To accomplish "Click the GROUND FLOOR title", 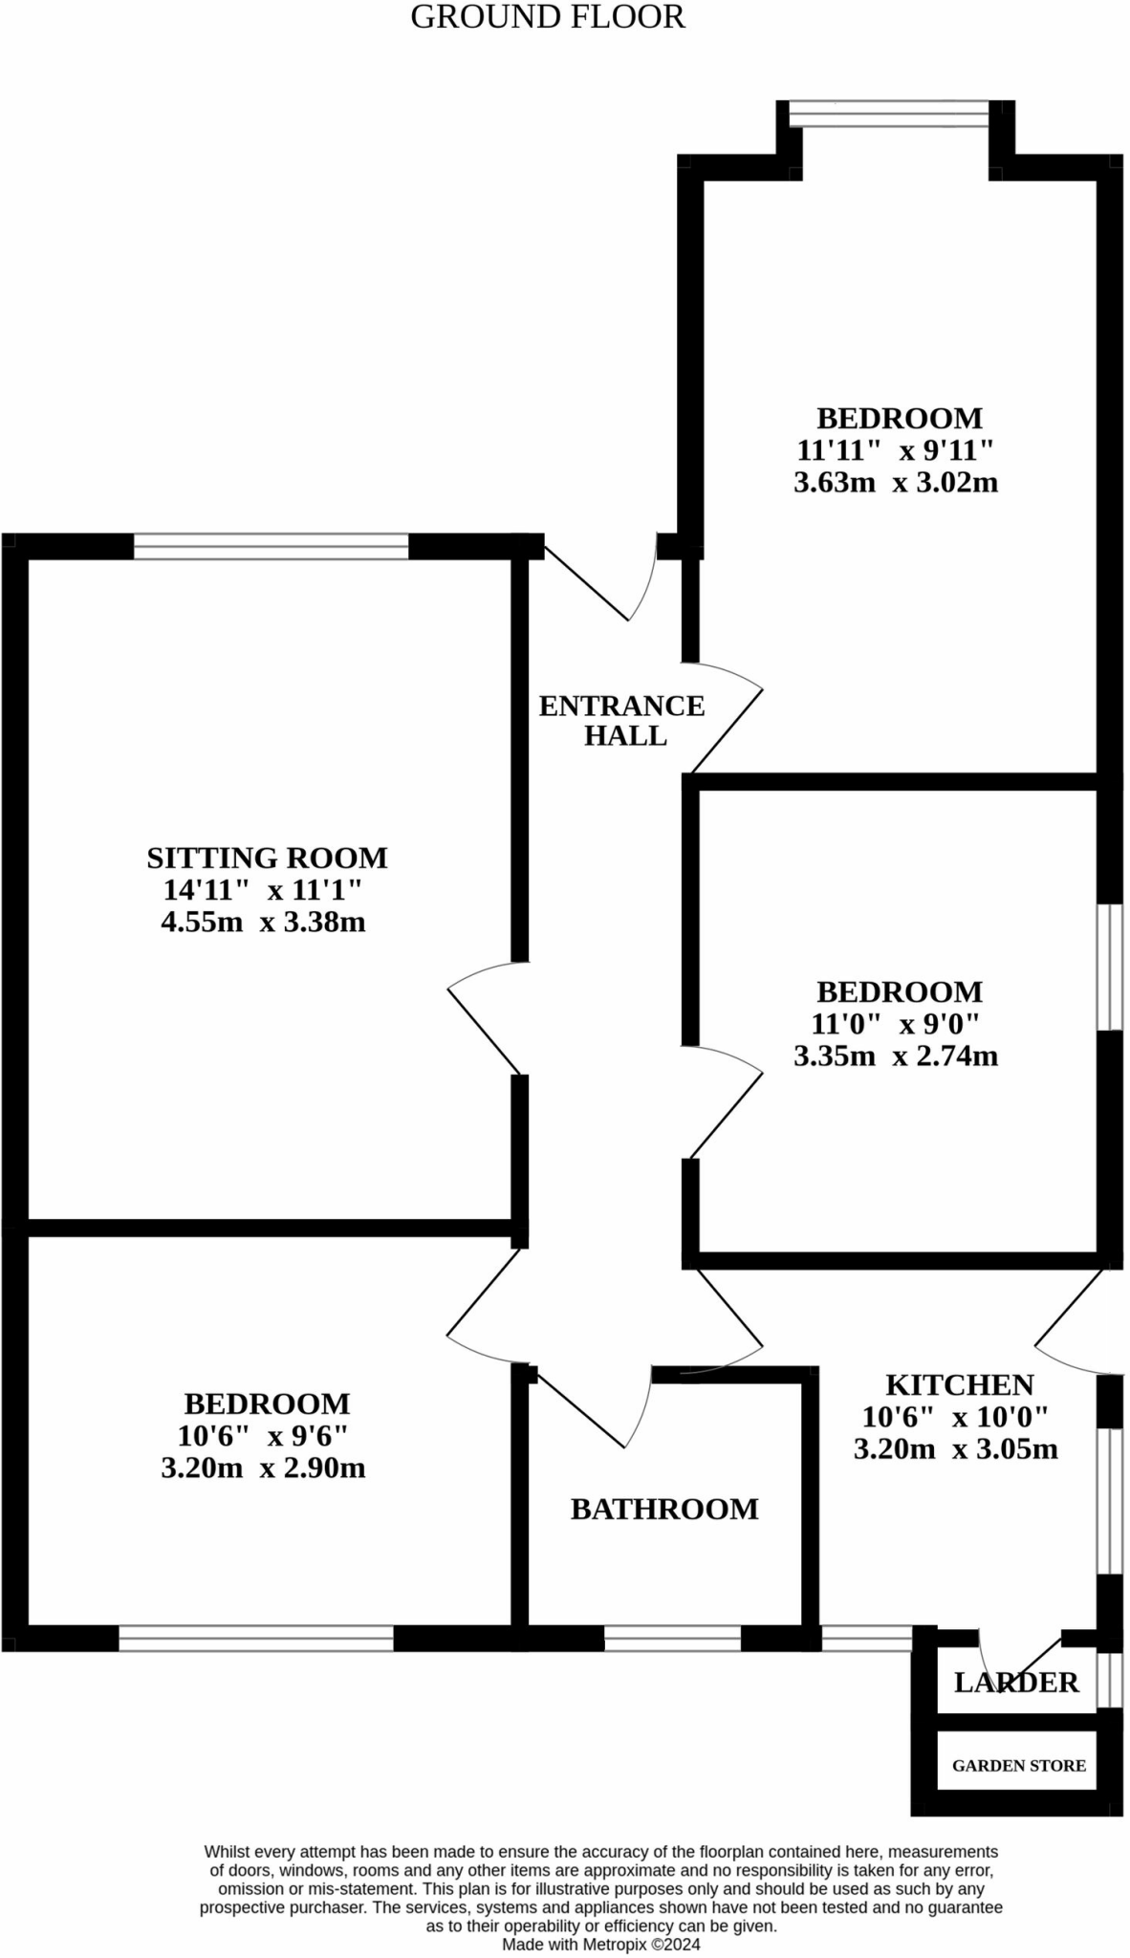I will point(547,17).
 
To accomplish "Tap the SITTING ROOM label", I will point(267,858).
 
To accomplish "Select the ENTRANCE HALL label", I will point(622,720).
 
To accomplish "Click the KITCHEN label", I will point(959,1384).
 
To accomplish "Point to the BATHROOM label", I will point(664,1509).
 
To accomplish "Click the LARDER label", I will point(1016,1682).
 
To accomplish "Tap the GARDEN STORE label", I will point(1018,1766).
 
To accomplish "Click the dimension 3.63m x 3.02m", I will point(896,482).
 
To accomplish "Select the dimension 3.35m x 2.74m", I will point(896,1055).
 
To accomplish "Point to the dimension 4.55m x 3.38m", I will point(264,923).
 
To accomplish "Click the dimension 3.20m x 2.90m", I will point(264,1468).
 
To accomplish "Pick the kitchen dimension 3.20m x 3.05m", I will point(955,1448).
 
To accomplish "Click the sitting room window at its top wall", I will point(271,547).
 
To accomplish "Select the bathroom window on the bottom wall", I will point(672,1639).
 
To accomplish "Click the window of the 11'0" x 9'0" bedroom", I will point(1109,967).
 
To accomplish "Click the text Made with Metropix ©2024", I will point(601,1944).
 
